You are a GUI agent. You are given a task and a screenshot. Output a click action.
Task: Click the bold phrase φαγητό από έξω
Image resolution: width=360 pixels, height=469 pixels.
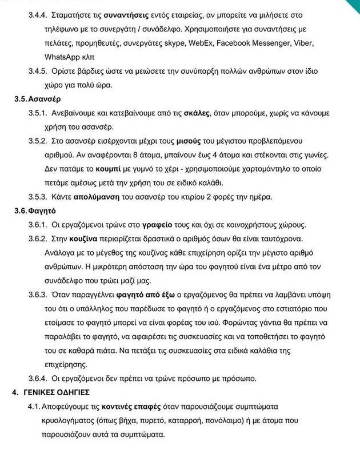(x=142, y=295)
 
